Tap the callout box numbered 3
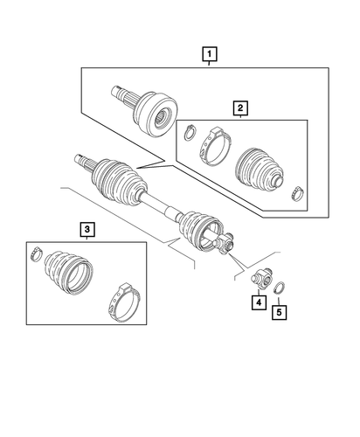tap(87, 230)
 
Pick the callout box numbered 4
tap(260, 303)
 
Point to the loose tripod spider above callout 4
tap(261, 281)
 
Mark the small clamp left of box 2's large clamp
tap(188, 134)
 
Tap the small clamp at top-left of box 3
tap(34, 254)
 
